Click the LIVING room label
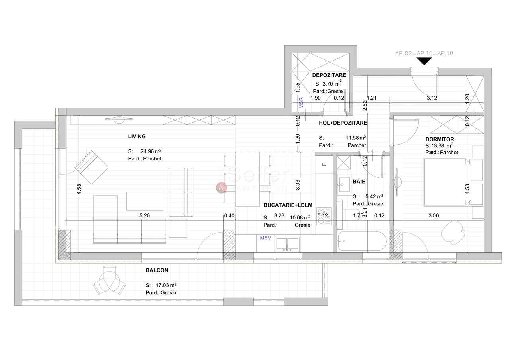point(137,136)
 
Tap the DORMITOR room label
point(439,139)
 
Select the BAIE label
point(359,181)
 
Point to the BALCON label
point(157,270)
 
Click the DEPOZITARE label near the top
point(329,75)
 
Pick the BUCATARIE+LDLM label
point(288,205)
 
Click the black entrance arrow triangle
point(425,61)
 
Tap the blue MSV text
point(265,238)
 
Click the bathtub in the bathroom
point(362,241)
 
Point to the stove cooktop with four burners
point(324,215)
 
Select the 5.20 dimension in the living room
point(145,215)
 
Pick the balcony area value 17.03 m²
point(166,285)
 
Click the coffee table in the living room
point(145,201)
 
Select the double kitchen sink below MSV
point(287,243)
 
